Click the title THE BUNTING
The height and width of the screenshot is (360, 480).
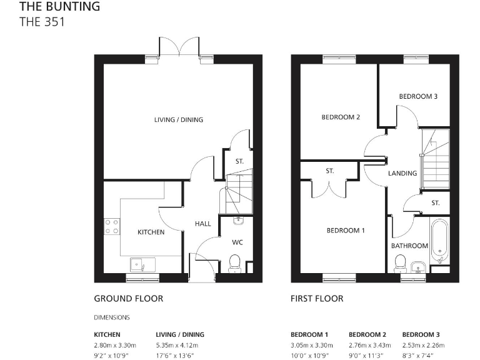point(59,7)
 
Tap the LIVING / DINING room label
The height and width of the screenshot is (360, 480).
point(179,119)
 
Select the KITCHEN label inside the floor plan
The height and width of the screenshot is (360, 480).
point(151,232)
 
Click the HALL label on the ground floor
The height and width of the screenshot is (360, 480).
point(202,223)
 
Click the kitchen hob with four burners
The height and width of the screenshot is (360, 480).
point(112,226)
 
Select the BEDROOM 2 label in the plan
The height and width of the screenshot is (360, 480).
point(340,117)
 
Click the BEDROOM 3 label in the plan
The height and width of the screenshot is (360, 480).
point(418,96)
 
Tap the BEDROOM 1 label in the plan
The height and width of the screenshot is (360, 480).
point(346,231)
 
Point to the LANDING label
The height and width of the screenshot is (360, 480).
point(402,173)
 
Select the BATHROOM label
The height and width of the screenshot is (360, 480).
point(409,246)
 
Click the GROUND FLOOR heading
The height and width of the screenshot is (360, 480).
point(128,299)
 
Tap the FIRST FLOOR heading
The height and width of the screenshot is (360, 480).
point(317,299)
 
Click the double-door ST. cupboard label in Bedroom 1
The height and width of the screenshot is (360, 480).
point(329,171)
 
